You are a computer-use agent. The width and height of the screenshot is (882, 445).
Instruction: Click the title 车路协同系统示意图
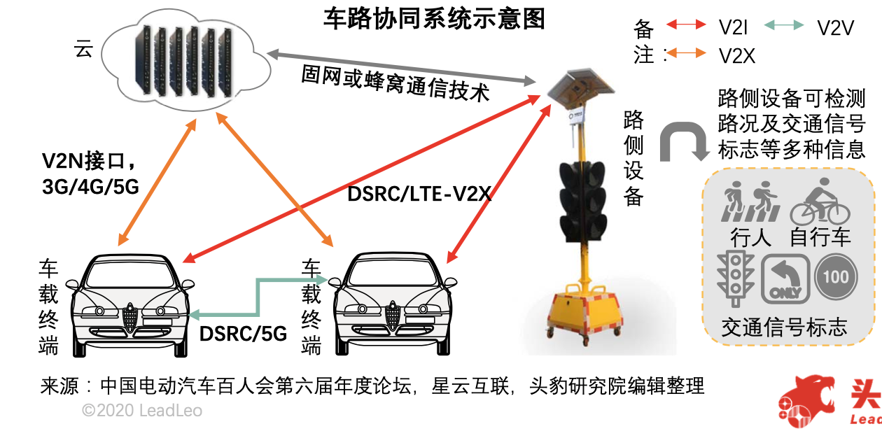click(x=434, y=19)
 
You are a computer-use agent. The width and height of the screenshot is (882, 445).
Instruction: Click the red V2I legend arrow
click(x=686, y=25)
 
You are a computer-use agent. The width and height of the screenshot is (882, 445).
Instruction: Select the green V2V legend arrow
click(x=783, y=25)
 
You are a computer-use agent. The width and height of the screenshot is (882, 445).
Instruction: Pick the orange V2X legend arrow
click(x=686, y=53)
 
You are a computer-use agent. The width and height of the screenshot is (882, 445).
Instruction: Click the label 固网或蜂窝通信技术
click(x=395, y=83)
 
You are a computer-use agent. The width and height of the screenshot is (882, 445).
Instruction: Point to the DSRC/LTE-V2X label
click(x=419, y=194)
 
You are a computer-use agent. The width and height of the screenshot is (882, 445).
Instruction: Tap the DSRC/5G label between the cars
click(x=243, y=334)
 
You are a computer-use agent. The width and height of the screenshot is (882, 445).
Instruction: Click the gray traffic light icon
click(x=734, y=278)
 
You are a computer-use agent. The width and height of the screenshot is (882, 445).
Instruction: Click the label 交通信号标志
click(x=784, y=327)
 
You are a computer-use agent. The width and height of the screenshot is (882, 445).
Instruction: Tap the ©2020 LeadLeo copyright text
click(x=142, y=411)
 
